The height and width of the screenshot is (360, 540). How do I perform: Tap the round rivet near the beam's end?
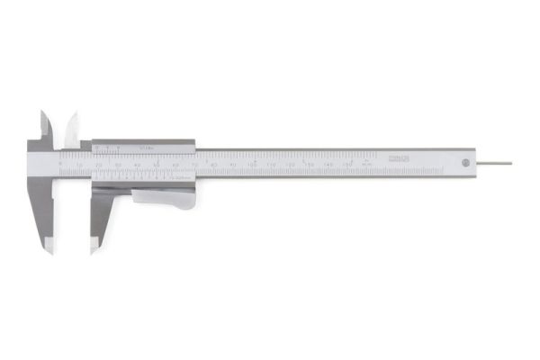[x=464, y=163]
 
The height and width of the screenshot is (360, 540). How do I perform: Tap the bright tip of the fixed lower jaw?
[x=49, y=244]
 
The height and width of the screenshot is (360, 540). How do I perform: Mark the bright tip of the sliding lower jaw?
[x=93, y=244]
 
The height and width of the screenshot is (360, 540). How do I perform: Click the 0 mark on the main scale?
[x=60, y=166]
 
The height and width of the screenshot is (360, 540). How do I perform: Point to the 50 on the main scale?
[x=157, y=165]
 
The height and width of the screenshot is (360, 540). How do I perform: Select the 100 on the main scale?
[x=253, y=165]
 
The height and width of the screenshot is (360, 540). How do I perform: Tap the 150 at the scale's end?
[x=348, y=165]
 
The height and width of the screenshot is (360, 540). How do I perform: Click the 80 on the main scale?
[x=214, y=165]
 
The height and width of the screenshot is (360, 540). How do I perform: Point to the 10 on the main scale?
[x=80, y=166]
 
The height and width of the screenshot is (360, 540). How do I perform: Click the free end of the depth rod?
[x=510, y=163]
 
